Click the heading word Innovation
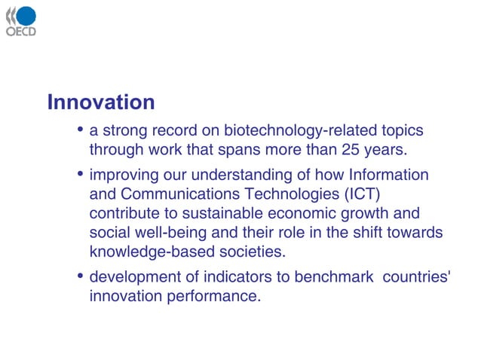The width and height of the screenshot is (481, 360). pos(100,102)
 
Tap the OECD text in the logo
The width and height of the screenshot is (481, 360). pos(20,32)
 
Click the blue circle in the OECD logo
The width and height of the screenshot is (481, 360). pos(26,16)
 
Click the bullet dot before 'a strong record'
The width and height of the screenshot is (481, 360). pos(80,130)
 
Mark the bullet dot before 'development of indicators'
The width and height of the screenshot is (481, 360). pos(80,277)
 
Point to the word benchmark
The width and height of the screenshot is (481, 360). pos(336,277)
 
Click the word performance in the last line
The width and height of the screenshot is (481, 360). pos(213,297)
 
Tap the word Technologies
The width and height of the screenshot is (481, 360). pos(290,194)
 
